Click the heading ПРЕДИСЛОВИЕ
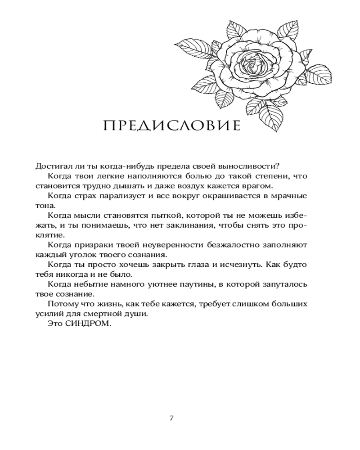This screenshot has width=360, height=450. click(172, 126)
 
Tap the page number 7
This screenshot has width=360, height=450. click(171, 418)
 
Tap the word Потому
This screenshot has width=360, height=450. click(60, 304)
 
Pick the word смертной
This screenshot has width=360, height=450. click(111, 314)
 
